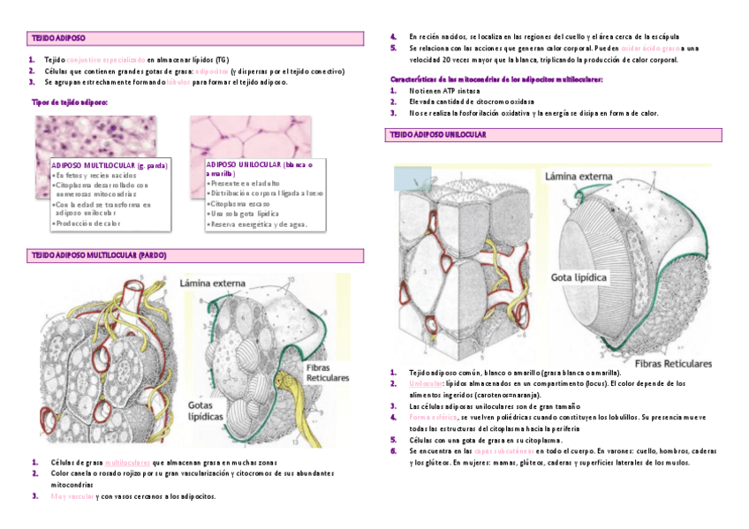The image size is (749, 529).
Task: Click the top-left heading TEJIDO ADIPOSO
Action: [x=59, y=39]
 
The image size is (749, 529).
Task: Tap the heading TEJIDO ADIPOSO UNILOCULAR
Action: [x=438, y=134]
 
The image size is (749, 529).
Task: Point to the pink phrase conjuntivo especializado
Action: [x=106, y=59]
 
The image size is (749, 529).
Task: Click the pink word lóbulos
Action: [x=178, y=81]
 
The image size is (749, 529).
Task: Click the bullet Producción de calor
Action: [x=87, y=223]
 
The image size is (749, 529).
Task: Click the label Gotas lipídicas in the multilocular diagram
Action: [x=208, y=411]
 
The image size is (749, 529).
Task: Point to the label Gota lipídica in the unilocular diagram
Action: [x=579, y=277]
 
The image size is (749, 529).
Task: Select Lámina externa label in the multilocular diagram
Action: [x=213, y=283]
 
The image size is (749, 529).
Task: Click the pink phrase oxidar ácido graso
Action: [x=649, y=48]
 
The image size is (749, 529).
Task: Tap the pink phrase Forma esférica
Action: [x=433, y=417]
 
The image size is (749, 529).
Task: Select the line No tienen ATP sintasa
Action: [x=445, y=90]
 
